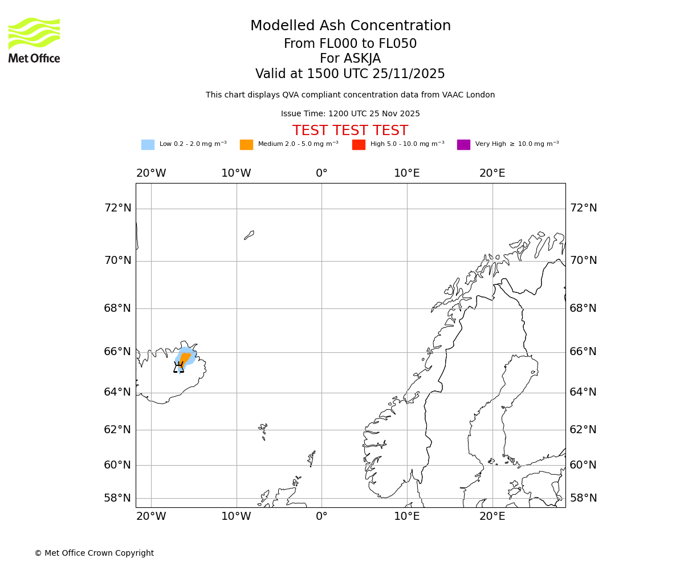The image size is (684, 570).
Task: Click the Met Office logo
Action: click(34, 40)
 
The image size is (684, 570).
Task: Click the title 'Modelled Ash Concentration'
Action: click(351, 26)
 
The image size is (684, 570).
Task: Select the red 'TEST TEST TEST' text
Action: click(351, 131)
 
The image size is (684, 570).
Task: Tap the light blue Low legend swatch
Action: click(148, 145)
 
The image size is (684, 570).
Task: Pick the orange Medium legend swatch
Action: click(246, 145)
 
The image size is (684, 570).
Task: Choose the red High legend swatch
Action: click(359, 145)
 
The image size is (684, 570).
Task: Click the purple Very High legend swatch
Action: click(463, 145)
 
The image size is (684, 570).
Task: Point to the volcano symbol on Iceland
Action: click(179, 367)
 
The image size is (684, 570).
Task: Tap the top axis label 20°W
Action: click(151, 173)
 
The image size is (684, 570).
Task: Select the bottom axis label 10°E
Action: click(407, 516)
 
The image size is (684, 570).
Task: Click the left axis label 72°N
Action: click(117, 208)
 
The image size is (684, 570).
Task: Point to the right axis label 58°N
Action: click(583, 498)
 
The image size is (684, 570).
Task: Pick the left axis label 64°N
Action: click(117, 392)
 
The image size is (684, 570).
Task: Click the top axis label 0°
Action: click(321, 173)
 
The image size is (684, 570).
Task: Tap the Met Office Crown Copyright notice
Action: click(94, 553)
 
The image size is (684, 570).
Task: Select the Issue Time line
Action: click(351, 114)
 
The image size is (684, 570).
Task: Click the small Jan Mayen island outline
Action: click(249, 235)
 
